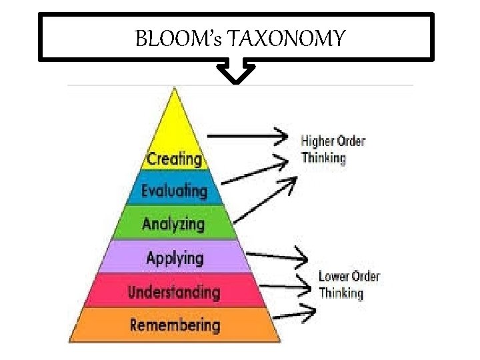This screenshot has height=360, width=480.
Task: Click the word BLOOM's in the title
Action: pyautogui.click(x=179, y=39)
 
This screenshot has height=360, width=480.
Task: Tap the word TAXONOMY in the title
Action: pyautogui.click(x=287, y=39)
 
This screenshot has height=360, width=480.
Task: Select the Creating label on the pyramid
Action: pyautogui.click(x=174, y=159)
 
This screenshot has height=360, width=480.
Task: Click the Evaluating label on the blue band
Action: pyautogui.click(x=174, y=191)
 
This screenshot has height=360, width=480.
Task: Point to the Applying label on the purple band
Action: pyautogui.click(x=175, y=258)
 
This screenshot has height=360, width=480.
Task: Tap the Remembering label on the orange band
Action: pyautogui.click(x=175, y=325)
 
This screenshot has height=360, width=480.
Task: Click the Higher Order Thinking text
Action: pyautogui.click(x=333, y=149)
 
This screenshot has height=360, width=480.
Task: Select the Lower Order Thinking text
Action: pyautogui.click(x=349, y=284)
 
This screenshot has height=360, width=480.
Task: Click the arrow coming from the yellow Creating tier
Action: pyautogui.click(x=247, y=135)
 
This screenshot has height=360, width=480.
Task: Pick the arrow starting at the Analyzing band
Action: pyautogui.click(x=263, y=199)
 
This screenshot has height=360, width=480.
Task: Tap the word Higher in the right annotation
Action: pyautogui.click(x=318, y=141)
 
